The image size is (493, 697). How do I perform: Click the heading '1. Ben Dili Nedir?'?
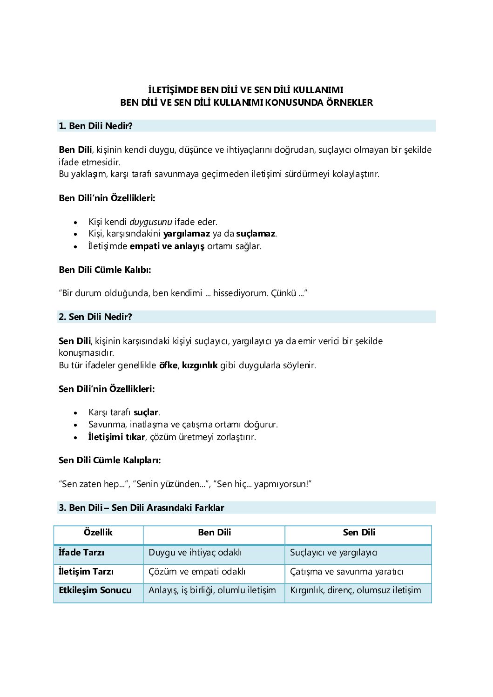95,126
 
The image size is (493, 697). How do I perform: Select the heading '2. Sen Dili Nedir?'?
95,317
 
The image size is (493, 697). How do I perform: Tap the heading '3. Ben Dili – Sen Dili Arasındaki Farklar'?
142,508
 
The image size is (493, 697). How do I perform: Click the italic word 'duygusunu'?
150,222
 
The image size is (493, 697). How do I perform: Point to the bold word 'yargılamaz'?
186,234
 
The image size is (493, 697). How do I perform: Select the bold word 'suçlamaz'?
256,234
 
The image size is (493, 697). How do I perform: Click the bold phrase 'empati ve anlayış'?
167,246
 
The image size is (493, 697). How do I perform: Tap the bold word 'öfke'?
168,365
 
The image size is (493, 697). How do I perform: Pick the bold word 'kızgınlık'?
200,365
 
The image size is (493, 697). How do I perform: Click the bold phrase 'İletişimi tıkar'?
116,437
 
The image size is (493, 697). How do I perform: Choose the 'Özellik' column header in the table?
98,533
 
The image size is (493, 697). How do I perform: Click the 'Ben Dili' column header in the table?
214,533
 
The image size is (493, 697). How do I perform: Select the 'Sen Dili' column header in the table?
359,533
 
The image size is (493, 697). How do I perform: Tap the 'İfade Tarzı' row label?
81,553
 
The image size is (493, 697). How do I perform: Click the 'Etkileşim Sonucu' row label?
95,590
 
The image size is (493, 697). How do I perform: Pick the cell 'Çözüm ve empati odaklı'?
197,572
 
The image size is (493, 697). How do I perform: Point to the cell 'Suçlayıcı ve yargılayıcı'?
334,553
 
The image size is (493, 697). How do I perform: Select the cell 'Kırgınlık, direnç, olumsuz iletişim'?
355,590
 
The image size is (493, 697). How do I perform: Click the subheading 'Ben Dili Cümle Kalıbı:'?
105,270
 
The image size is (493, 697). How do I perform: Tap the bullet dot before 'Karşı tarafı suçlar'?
75,413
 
